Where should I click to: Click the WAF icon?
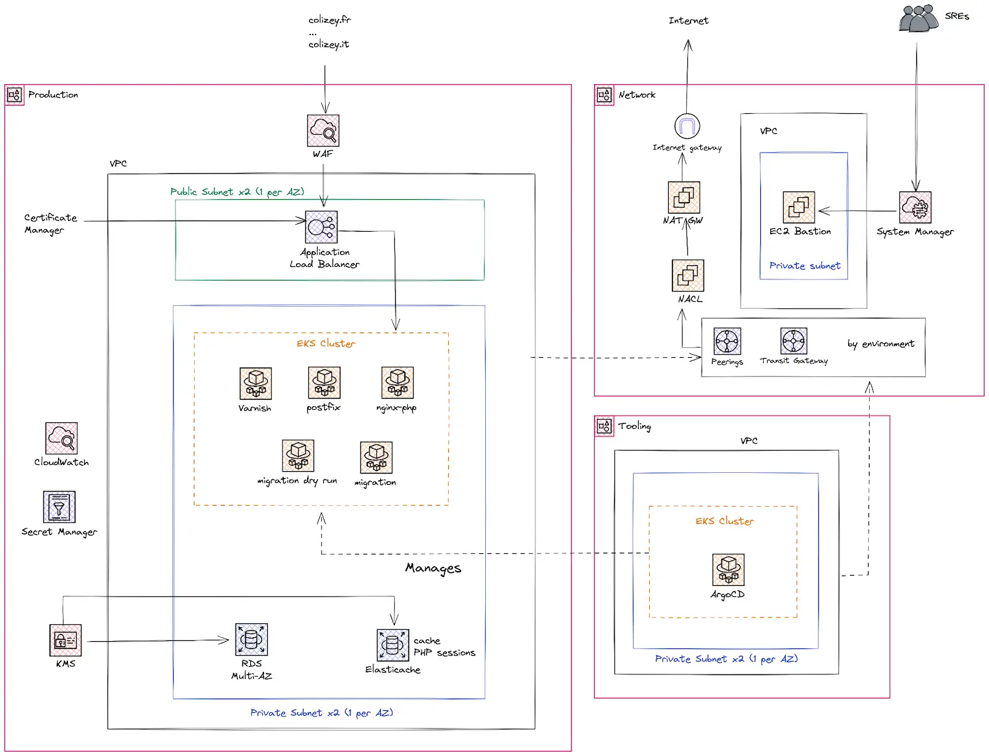(323, 131)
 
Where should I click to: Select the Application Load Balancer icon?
(321, 227)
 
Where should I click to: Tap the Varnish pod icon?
(255, 383)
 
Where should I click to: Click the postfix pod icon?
(324, 382)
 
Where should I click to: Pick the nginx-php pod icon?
(397, 383)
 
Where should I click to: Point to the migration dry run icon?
(298, 456)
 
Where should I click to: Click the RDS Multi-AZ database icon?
(251, 639)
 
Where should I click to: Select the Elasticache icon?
(393, 645)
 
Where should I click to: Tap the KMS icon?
(66, 640)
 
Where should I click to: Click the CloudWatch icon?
(61, 438)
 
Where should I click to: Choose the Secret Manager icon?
(59, 507)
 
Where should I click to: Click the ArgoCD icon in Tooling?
(728, 569)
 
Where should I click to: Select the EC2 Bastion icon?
(799, 207)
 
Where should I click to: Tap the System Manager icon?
(915, 208)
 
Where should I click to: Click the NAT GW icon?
(684, 197)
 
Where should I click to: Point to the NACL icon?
(688, 275)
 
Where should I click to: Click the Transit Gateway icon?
(794, 341)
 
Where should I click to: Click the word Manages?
(433, 568)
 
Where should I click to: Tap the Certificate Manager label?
(50, 224)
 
